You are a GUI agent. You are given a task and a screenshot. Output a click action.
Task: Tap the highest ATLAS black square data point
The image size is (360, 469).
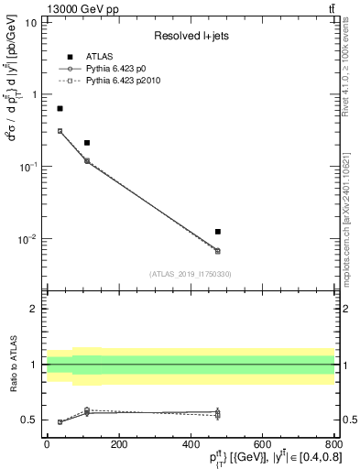[60, 109]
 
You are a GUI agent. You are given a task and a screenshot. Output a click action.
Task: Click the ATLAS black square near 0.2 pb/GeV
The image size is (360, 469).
[87, 143]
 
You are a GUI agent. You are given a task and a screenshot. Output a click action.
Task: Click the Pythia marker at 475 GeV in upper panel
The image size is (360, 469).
[217, 250]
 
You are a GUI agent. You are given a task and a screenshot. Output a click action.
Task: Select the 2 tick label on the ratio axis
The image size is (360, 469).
[33, 309]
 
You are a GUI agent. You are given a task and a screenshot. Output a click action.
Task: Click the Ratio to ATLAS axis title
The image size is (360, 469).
[12, 365]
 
